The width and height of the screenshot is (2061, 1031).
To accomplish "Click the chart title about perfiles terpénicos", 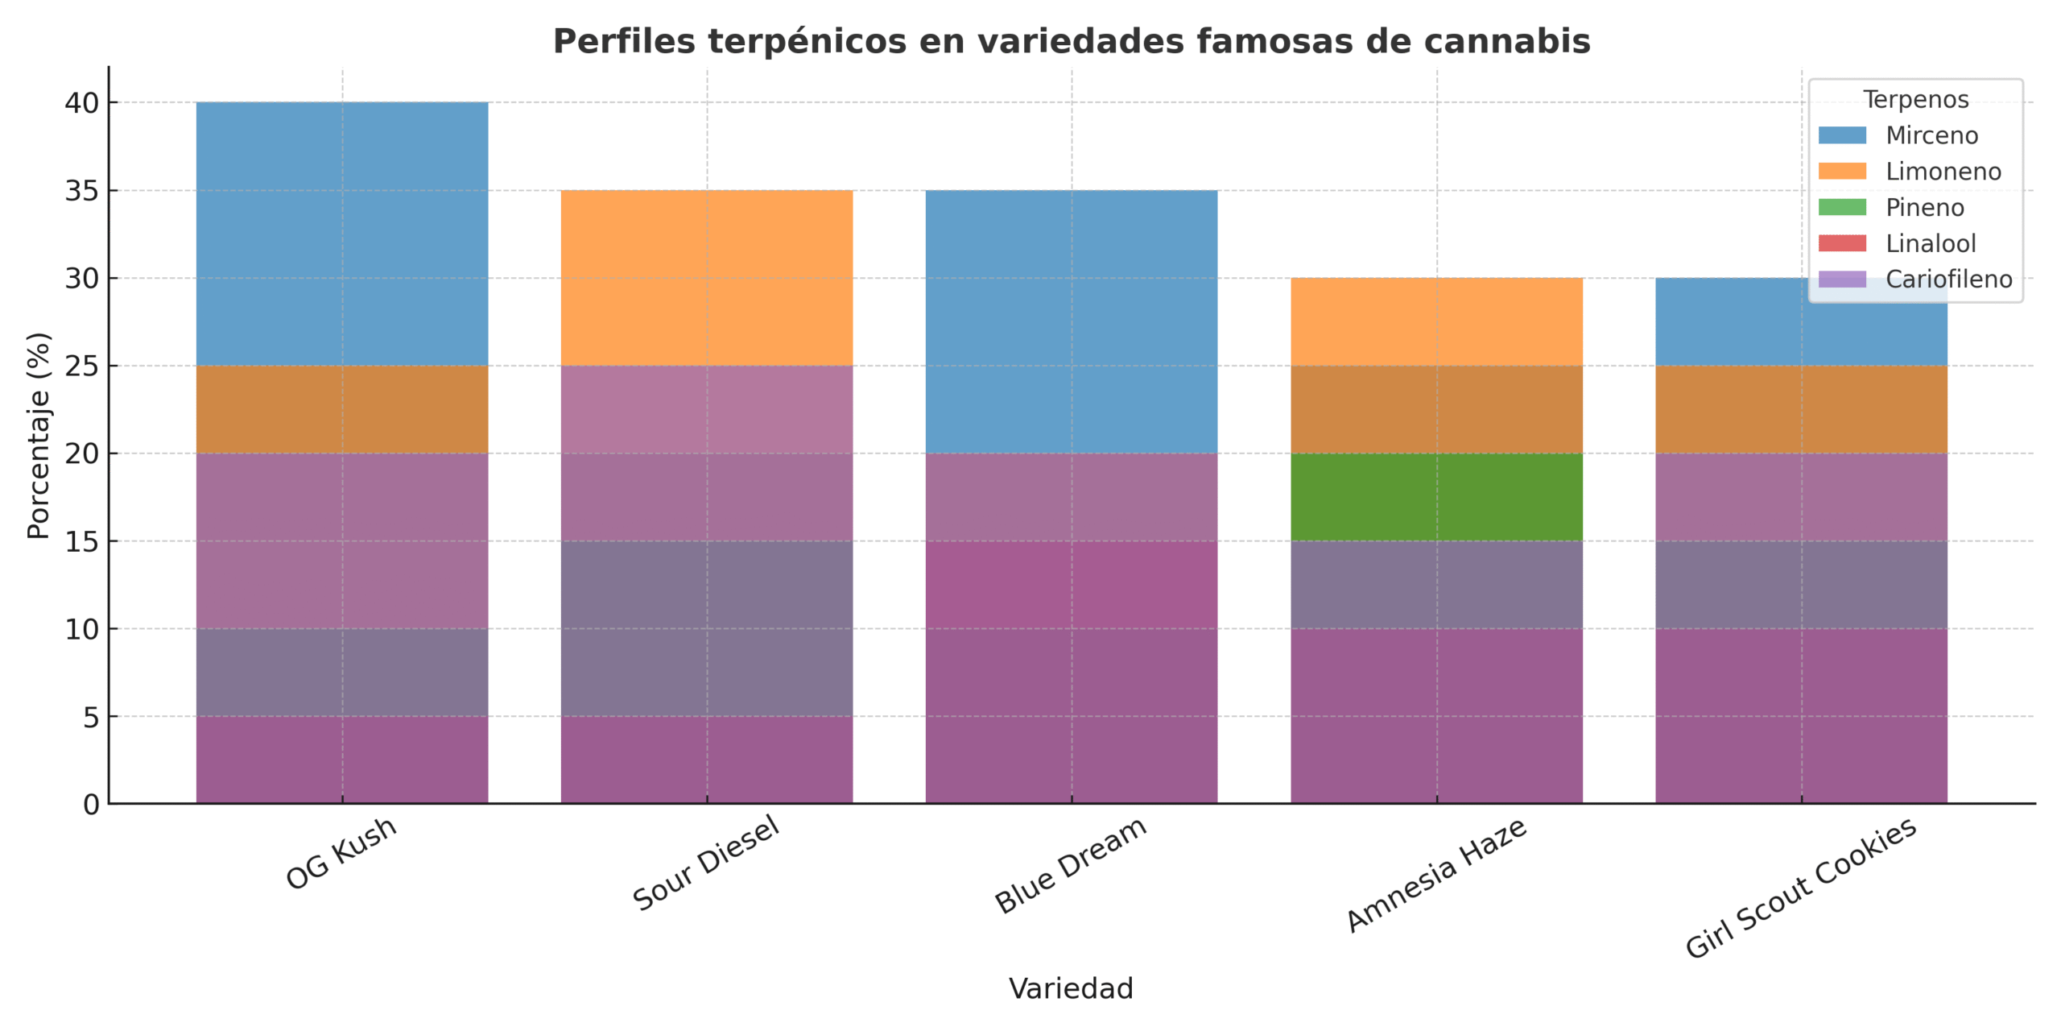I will [1071, 42].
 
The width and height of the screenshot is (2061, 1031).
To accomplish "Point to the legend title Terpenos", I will [1915, 99].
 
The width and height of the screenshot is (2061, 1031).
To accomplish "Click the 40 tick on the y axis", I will [81, 103].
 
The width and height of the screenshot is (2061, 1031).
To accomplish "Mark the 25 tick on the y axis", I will [81, 366].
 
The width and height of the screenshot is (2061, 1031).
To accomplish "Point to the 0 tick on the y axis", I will [91, 804].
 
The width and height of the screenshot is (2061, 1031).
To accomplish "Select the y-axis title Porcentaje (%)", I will [39, 435].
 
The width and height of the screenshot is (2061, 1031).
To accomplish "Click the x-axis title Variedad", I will [1071, 988].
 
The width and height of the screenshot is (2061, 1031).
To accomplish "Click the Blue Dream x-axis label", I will [1071, 864].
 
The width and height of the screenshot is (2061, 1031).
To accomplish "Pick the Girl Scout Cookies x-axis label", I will [1801, 888].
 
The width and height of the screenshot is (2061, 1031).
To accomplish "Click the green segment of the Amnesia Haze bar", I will [1436, 497].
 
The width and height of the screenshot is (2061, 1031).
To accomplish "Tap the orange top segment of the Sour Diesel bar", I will [706, 278].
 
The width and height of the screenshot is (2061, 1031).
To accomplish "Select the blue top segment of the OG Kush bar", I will [341, 234].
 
